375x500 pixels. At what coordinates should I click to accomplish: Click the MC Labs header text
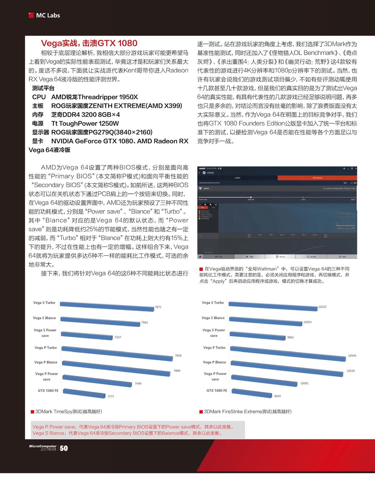pos(48,15)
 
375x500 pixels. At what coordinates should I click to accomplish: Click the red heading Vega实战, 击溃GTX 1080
pos(89,43)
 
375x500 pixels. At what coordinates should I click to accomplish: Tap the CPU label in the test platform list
pos(39,97)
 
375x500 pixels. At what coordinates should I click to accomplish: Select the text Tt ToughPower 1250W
pos(85,123)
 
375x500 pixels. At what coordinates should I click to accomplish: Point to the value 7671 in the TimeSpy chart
pos(158,307)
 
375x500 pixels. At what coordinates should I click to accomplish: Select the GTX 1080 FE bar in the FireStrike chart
pos(252,393)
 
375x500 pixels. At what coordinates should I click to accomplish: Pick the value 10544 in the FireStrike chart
pos(352,356)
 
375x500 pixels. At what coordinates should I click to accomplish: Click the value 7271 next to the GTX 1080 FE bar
pos(111,396)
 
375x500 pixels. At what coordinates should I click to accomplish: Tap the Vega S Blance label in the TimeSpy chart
pos(44,318)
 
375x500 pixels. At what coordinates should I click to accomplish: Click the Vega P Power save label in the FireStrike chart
pos(215,376)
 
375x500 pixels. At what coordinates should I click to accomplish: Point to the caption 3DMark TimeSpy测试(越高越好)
pos(68,412)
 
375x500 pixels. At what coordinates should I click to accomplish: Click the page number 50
pos(64,448)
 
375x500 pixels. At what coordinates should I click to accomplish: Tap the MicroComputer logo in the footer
pos(43,446)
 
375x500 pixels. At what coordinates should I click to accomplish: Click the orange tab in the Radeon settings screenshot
pos(317,177)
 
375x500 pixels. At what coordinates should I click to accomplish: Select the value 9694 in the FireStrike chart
pos(277,396)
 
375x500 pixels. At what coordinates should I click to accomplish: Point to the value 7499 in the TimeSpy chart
pos(138,383)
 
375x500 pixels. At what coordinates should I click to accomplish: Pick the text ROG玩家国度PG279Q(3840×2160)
pos(102,132)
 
